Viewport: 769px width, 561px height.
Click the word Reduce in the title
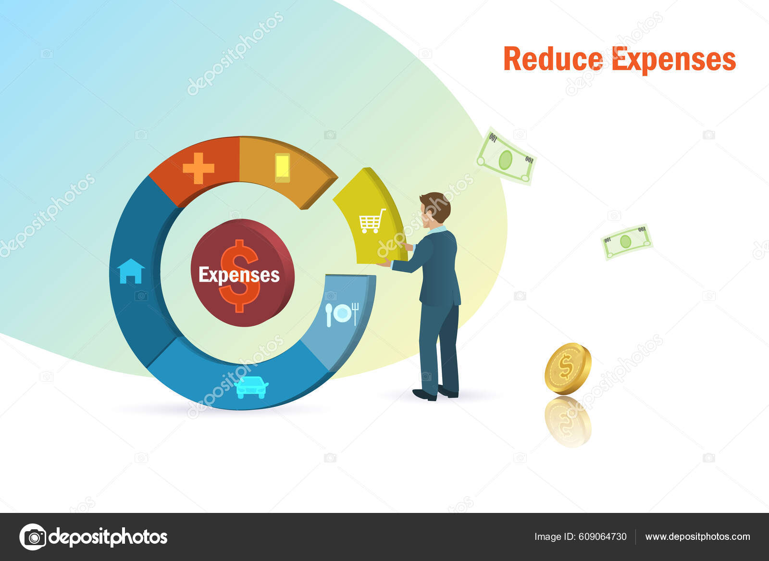click(553, 59)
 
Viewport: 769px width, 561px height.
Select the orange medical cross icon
click(198, 168)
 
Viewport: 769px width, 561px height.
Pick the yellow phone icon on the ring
click(282, 168)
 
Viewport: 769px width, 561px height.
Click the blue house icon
click(131, 271)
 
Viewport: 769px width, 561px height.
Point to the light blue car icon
click(252, 387)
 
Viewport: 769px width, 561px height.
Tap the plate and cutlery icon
click(342, 314)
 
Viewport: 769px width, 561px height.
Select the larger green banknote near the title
click(506, 157)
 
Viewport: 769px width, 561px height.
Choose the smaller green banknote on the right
click(626, 241)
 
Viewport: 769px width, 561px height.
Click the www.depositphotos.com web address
click(697, 536)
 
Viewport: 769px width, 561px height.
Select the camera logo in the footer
click(33, 536)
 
